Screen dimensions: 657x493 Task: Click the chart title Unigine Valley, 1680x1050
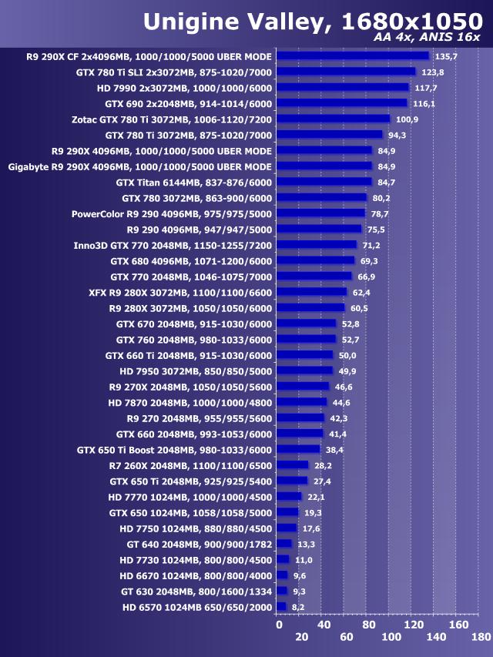(312, 21)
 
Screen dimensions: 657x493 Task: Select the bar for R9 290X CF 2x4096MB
(352, 56)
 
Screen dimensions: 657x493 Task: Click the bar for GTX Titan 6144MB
(324, 182)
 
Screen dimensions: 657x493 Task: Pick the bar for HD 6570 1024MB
(281, 607)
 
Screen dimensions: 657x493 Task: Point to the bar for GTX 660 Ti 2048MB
(304, 355)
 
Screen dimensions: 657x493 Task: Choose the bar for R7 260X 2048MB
(292, 465)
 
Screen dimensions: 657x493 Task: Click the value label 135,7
(446, 56)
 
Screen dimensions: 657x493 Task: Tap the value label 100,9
(407, 119)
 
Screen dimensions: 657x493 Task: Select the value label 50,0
(347, 355)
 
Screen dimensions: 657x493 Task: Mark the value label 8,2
(297, 607)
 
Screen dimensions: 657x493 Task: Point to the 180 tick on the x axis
(481, 637)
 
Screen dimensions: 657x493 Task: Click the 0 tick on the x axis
(279, 625)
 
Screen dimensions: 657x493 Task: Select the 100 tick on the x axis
(391, 637)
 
